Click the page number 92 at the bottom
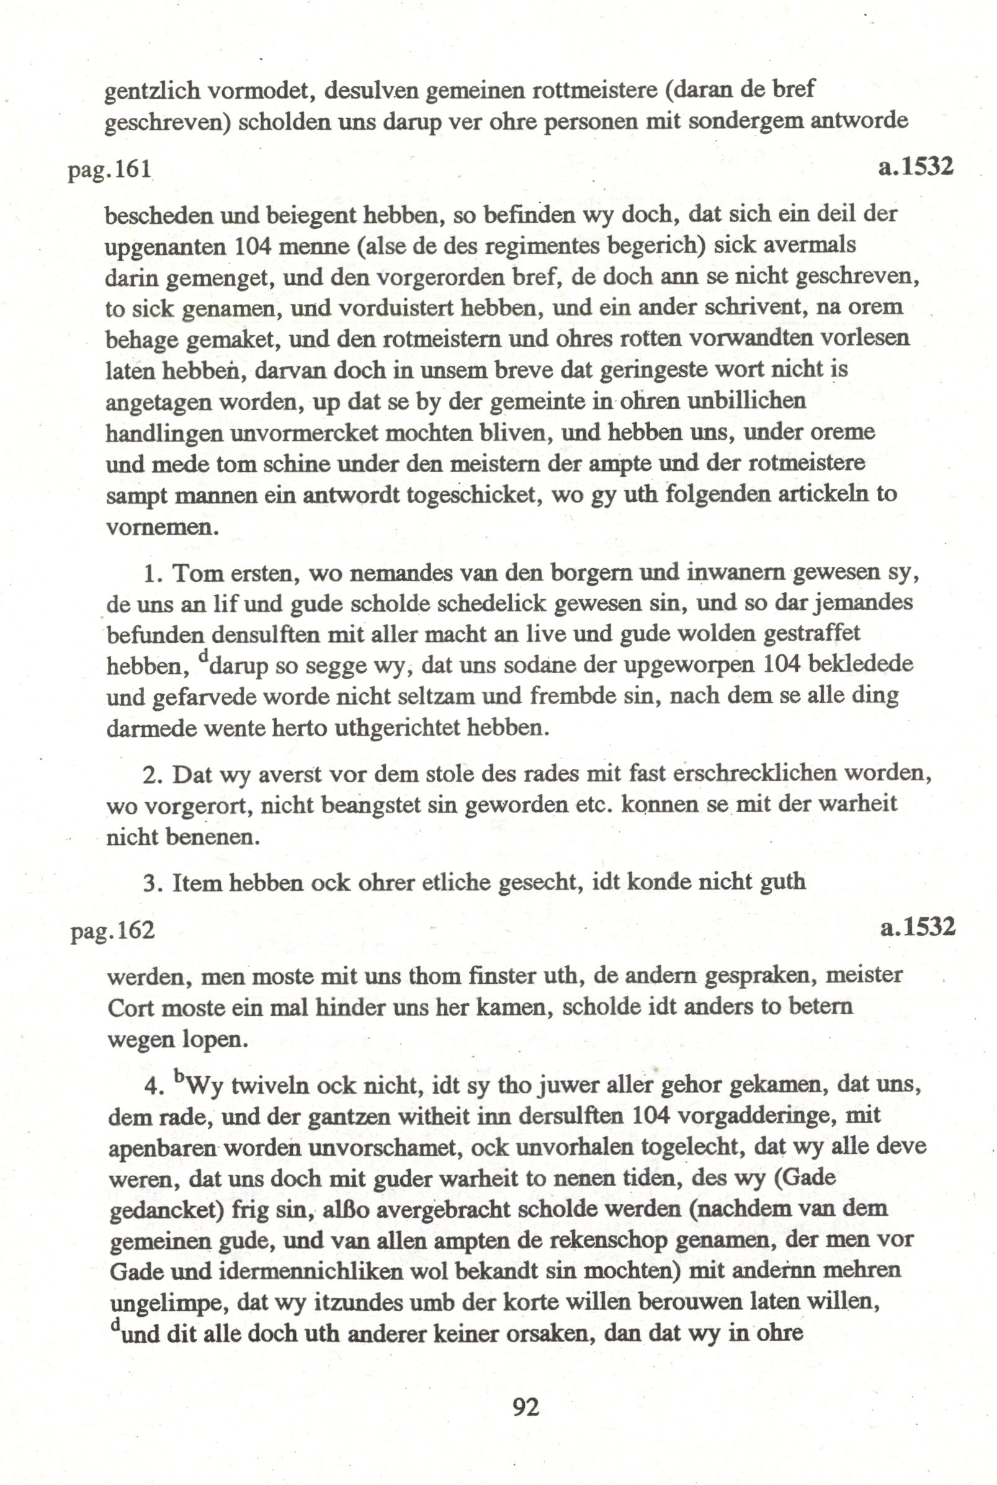525,1407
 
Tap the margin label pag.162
112,930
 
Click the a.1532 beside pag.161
916,167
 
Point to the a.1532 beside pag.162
918,927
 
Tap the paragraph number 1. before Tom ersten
152,574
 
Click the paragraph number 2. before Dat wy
153,775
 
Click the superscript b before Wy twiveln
179,1076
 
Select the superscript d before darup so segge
203,656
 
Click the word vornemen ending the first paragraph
161,527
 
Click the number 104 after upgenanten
253,246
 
